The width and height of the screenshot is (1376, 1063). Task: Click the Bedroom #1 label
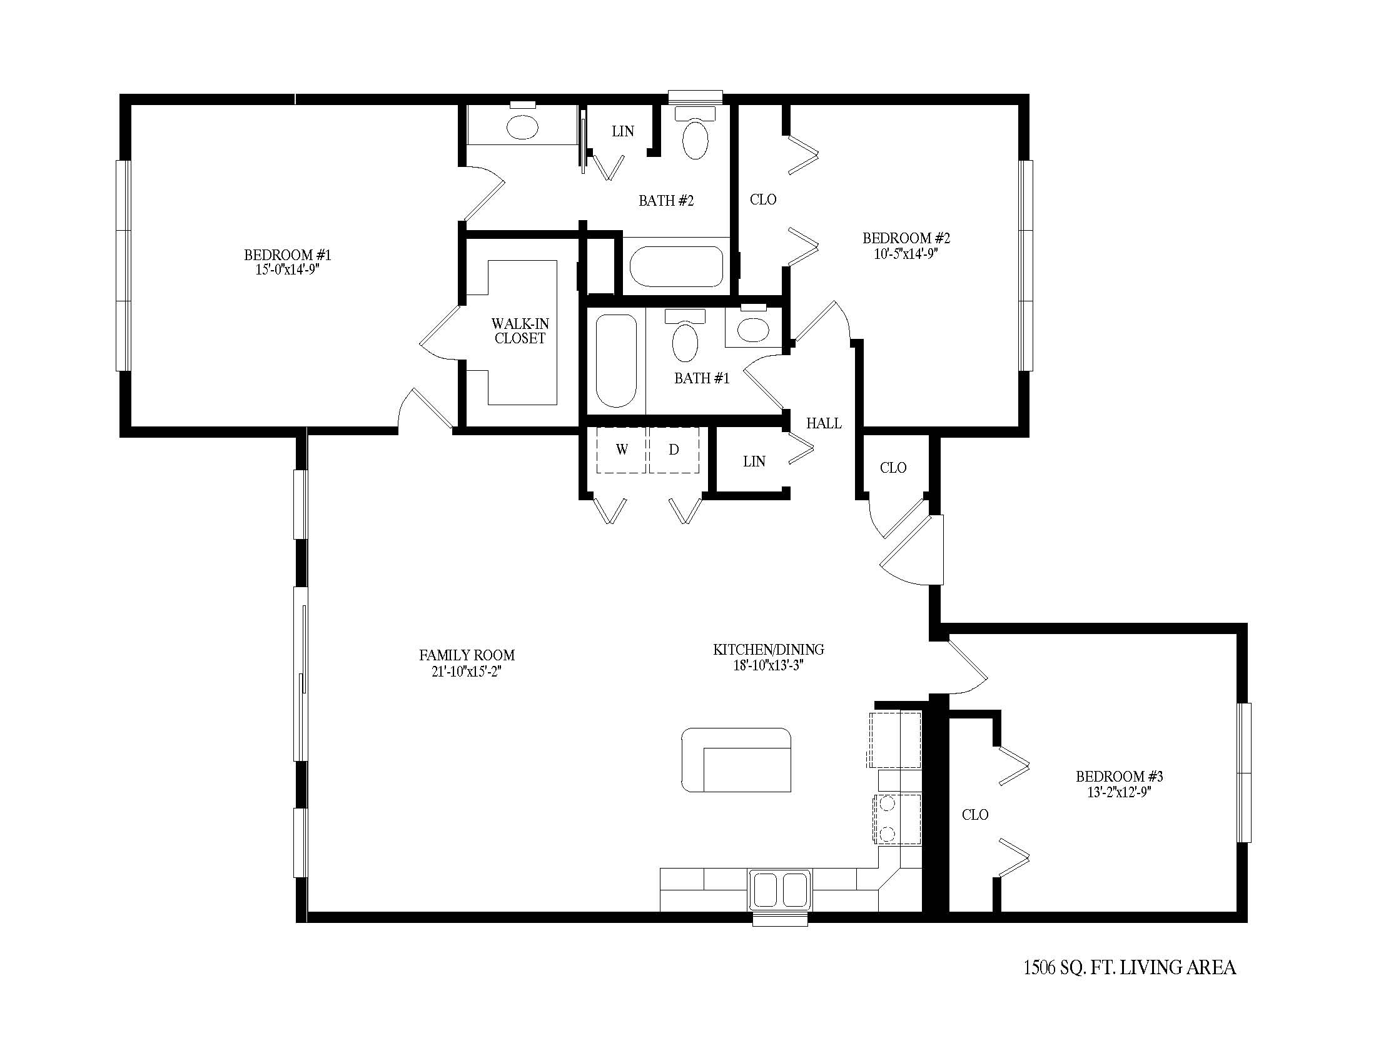[287, 255]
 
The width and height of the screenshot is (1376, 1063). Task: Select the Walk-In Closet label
[520, 331]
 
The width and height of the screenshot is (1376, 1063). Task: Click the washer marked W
[621, 450]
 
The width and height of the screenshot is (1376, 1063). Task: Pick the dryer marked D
[674, 450]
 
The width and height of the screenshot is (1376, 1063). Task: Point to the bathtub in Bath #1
[616, 361]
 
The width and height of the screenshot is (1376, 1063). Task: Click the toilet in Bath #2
[696, 133]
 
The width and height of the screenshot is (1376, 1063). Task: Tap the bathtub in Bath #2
[677, 266]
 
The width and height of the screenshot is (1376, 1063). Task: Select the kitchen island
[736, 760]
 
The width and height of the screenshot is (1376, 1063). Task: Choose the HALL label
[824, 424]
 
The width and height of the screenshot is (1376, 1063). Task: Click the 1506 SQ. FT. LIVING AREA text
[1129, 967]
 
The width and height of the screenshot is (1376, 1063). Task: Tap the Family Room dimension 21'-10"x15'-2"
[466, 672]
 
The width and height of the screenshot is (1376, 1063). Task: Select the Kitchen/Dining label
[768, 649]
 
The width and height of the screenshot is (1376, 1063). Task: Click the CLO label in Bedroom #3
[974, 815]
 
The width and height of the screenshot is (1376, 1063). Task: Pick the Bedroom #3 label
[1119, 777]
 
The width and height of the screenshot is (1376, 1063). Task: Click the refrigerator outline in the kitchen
[894, 739]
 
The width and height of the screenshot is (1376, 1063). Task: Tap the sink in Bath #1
[753, 326]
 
